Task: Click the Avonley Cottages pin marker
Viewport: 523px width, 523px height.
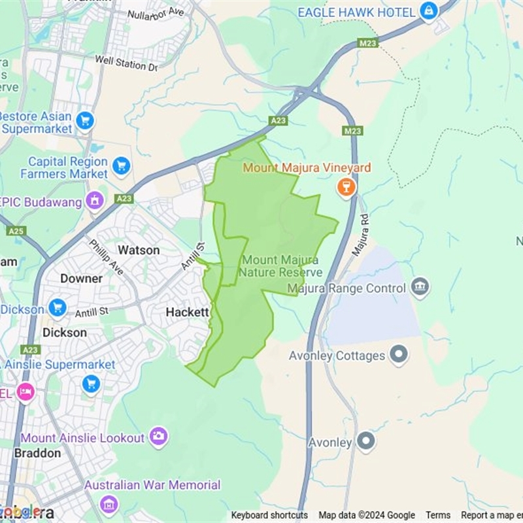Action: coord(398,356)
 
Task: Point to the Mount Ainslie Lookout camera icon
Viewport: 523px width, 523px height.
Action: coord(158,437)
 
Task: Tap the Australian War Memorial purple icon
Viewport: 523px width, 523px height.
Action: coord(109,504)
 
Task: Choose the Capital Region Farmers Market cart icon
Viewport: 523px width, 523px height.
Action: coord(121,167)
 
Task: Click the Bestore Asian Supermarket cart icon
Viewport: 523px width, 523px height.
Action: coord(84,121)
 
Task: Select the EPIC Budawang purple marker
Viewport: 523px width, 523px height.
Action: coord(95,201)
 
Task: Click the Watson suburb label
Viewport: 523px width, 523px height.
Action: coord(138,250)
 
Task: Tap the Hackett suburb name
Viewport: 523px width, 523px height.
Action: coord(187,312)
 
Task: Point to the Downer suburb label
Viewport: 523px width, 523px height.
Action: coord(81,278)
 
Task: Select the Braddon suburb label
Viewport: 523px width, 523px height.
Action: coord(37,453)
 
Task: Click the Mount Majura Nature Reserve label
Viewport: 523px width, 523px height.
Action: coord(281,266)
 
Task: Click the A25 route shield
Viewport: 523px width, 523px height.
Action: coord(16,231)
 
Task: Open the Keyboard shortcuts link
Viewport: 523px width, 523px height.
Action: coord(269,515)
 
